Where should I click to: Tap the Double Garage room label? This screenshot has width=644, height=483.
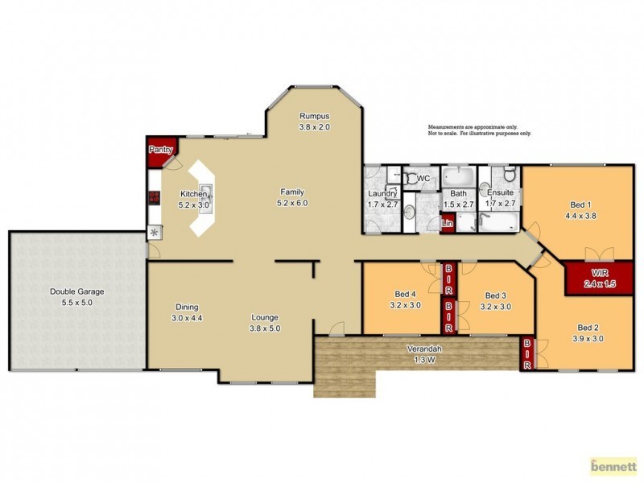(x=77, y=291)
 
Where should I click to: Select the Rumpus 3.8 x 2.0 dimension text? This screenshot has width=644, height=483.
(x=315, y=127)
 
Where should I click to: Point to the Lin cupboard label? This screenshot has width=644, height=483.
(x=448, y=222)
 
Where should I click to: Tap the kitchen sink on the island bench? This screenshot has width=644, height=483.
(x=204, y=192)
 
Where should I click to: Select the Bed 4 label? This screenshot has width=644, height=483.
(x=405, y=294)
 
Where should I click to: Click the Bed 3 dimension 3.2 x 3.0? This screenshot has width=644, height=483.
(x=495, y=306)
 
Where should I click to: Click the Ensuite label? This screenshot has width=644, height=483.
(x=500, y=194)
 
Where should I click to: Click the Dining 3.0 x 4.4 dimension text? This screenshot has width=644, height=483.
(x=187, y=318)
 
